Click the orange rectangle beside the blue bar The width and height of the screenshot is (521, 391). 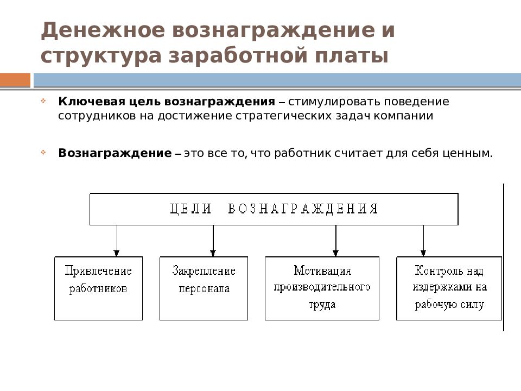15,80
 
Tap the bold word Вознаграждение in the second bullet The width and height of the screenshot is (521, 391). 115,153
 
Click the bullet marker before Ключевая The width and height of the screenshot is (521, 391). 43,101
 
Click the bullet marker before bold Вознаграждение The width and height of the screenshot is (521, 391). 43,152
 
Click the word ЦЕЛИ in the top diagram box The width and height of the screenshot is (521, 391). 191,209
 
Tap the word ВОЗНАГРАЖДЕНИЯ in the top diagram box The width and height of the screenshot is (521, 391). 303,209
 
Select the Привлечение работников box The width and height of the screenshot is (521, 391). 98,288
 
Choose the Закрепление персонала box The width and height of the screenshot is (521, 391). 204,288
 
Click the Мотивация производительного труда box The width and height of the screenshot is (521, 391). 322,288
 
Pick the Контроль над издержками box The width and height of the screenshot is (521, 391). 449,288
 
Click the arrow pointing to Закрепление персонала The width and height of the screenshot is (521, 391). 213,241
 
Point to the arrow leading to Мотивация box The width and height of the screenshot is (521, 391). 335,241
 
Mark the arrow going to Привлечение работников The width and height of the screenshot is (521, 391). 117,241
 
